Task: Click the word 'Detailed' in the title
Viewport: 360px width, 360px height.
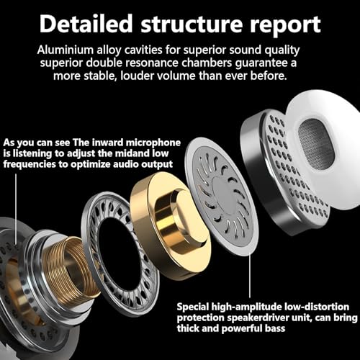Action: coord(86,23)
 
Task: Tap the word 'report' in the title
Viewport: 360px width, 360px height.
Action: coord(285,25)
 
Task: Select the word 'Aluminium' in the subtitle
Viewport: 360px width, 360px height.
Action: coord(66,50)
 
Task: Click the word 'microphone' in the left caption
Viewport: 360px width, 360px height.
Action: coord(153,143)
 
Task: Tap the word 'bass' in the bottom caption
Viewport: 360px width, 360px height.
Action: coord(275,328)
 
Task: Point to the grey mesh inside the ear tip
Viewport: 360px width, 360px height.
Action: coord(316,143)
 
